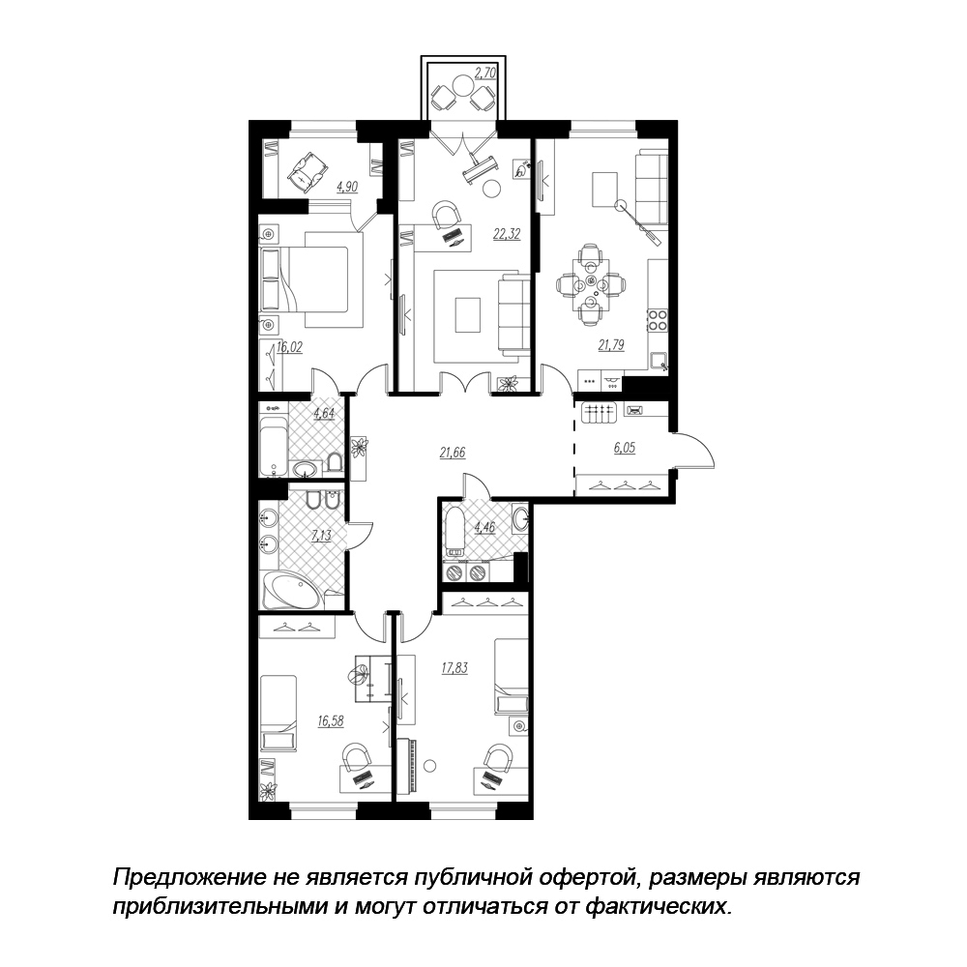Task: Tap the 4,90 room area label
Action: coord(347,187)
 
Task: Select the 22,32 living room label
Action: coord(507,234)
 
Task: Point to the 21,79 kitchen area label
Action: coord(611,345)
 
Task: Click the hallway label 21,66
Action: coord(452,453)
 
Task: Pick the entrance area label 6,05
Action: coord(624,449)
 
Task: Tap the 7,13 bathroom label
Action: coord(321,536)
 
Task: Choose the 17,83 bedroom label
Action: coord(454,668)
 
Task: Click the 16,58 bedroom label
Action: coord(331,720)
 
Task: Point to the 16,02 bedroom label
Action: coord(289,347)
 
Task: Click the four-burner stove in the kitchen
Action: coord(658,320)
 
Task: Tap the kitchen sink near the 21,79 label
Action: coord(659,360)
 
